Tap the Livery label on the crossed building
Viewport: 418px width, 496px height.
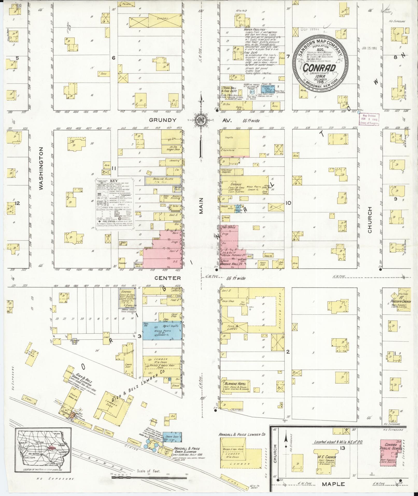pos(162,18)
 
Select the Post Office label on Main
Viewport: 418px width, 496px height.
pos(228,227)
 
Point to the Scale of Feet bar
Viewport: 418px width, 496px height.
pos(149,477)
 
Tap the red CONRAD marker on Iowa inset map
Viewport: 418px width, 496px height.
pos(52,447)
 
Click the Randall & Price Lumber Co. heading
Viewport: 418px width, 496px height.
pos(242,434)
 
